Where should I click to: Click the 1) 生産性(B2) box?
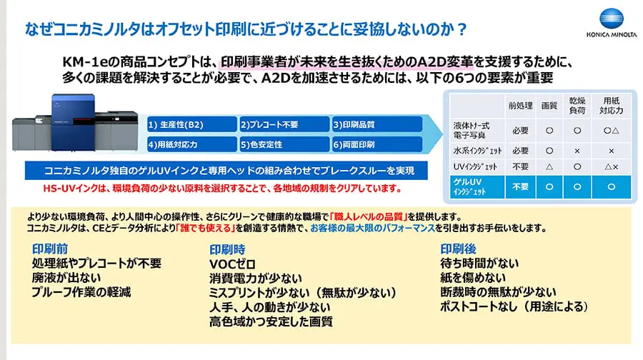coord(190,124)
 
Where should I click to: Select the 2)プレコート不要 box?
coord(283,124)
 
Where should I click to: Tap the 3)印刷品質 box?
coord(375,124)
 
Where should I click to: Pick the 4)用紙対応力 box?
coord(190,144)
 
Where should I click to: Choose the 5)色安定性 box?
coord(283,144)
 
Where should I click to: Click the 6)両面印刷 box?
coord(375,144)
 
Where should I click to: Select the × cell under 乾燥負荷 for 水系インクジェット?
coord(577,151)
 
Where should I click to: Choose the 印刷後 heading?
coord(458,249)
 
